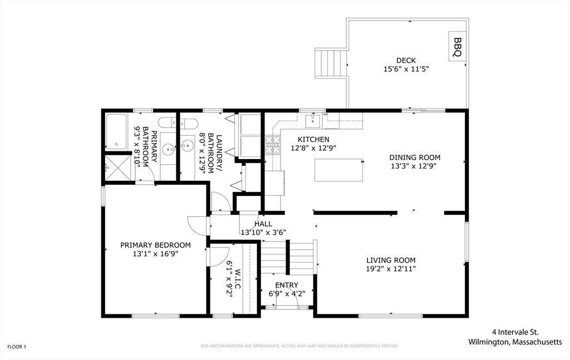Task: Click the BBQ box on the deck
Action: (x=458, y=47)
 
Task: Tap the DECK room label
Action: (x=406, y=60)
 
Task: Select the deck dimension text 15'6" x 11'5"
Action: (x=406, y=69)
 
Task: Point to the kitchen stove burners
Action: (x=273, y=145)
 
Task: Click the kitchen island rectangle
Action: (x=339, y=170)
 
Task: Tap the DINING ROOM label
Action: (x=415, y=157)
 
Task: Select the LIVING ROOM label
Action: (x=391, y=260)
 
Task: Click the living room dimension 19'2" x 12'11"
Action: (x=391, y=269)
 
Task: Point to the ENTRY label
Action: (x=287, y=285)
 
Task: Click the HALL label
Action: (x=263, y=224)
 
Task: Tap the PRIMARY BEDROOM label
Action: (x=156, y=245)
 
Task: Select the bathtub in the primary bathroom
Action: (x=116, y=131)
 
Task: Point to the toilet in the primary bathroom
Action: (x=167, y=123)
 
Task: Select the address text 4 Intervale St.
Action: (x=515, y=332)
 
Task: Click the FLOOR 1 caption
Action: (x=17, y=347)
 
